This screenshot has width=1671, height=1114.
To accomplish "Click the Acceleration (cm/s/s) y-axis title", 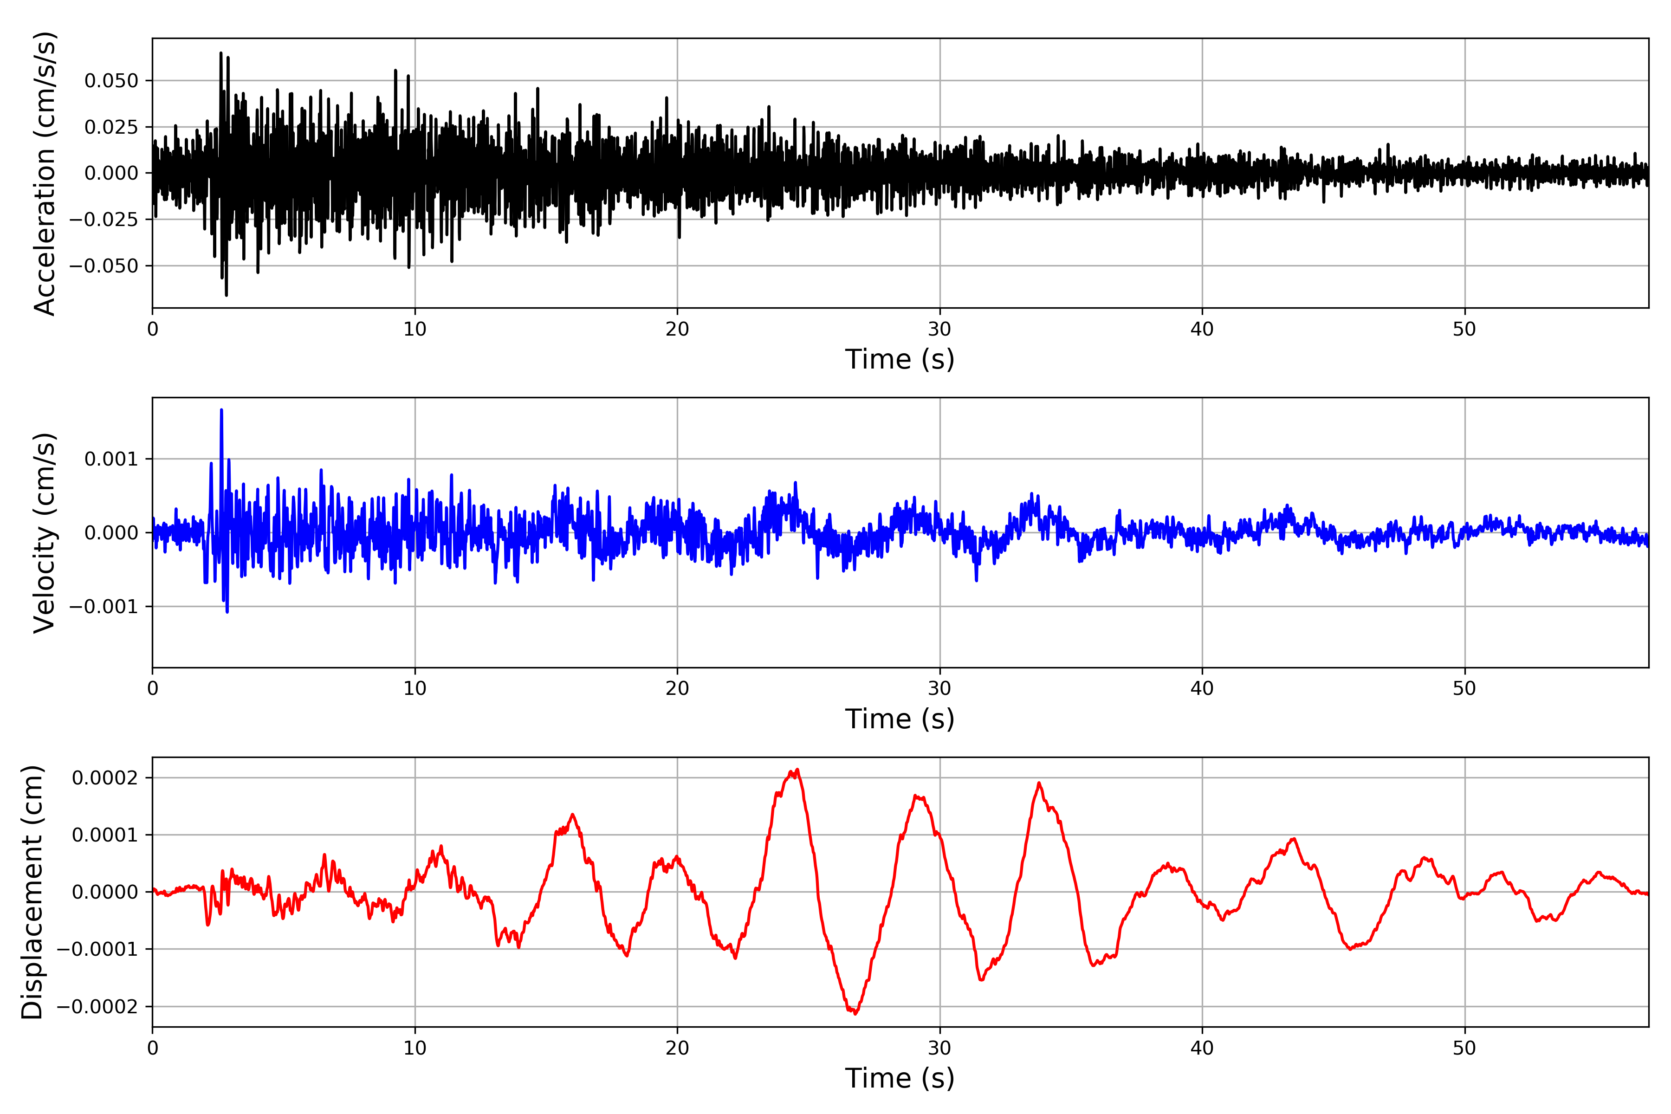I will tap(44, 173).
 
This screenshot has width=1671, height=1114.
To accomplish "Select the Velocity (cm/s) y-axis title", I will tap(44, 533).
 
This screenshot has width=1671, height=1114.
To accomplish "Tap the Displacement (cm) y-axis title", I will tap(32, 892).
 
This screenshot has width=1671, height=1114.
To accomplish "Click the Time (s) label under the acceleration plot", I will tap(900, 359).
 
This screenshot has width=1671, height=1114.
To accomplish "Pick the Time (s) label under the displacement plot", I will tap(900, 1078).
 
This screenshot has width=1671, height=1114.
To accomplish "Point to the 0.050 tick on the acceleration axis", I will tap(111, 81).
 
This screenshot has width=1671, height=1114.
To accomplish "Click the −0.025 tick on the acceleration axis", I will tap(104, 220).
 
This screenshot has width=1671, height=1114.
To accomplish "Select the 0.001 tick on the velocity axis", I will tap(111, 459).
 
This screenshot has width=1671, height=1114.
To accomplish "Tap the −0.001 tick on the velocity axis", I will tap(104, 607).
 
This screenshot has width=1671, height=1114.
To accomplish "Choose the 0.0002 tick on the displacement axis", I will tap(104, 778).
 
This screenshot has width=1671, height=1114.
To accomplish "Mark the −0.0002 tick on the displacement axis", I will tap(97, 1007).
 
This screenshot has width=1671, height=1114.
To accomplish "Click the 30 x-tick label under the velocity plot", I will tap(939, 688).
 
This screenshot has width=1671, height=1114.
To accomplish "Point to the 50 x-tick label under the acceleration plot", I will tap(1464, 329).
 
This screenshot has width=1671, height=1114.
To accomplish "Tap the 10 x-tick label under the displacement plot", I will tap(415, 1048).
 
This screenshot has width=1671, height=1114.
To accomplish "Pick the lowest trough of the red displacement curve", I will tap(855, 1014).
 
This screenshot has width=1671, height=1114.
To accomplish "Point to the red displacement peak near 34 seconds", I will tap(1039, 783).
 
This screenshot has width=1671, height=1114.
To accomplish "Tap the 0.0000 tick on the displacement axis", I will tap(104, 892).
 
